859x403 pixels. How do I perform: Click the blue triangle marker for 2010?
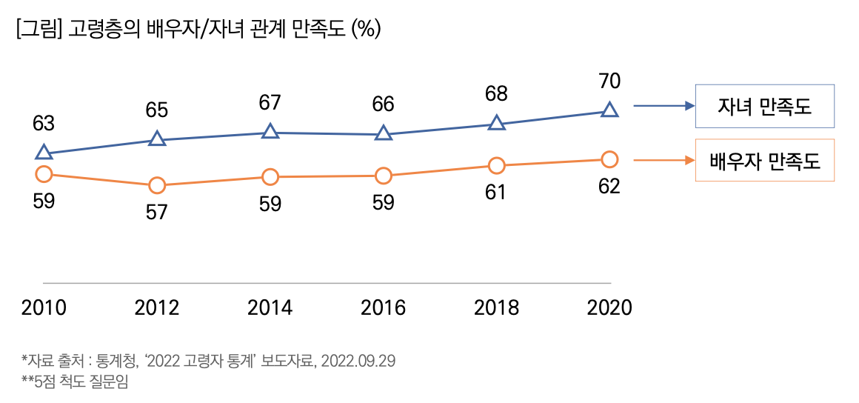coord(44,153)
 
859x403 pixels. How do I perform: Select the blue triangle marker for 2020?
coord(609,110)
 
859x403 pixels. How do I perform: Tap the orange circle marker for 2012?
coord(156,185)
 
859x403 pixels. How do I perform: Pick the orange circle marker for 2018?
coord(496,165)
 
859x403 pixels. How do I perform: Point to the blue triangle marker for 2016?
coord(383,133)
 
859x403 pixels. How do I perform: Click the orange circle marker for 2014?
coord(270,176)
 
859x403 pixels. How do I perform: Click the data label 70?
coord(609,81)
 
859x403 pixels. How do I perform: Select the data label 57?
coord(156,213)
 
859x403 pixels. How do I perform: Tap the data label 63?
coord(44,124)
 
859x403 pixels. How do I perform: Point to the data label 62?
coord(609,187)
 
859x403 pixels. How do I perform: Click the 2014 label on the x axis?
coord(270,307)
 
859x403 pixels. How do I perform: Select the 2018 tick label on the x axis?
coord(496,307)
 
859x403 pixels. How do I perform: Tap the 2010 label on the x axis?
coord(44,307)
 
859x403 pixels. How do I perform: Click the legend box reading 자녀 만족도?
coord(764,107)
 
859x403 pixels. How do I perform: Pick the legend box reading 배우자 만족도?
coord(764,160)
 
